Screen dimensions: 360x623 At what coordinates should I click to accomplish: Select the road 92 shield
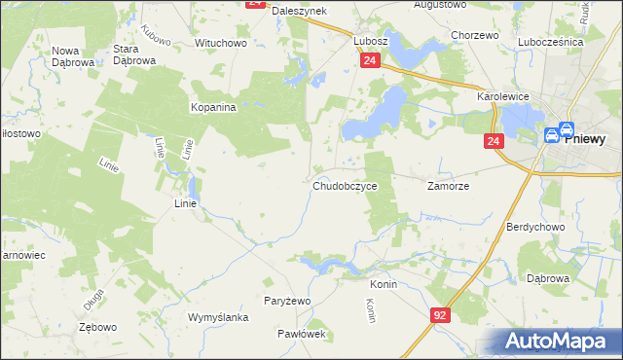441,315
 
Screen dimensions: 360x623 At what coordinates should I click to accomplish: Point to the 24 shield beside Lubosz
369,60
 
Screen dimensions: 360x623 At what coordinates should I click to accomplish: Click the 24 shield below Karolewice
495,142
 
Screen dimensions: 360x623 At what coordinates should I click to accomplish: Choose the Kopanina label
214,107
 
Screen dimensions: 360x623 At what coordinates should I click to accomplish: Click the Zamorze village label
449,185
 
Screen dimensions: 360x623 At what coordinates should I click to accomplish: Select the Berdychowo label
531,227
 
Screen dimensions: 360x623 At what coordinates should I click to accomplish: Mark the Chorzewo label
475,35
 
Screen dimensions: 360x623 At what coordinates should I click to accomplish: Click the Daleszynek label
299,10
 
